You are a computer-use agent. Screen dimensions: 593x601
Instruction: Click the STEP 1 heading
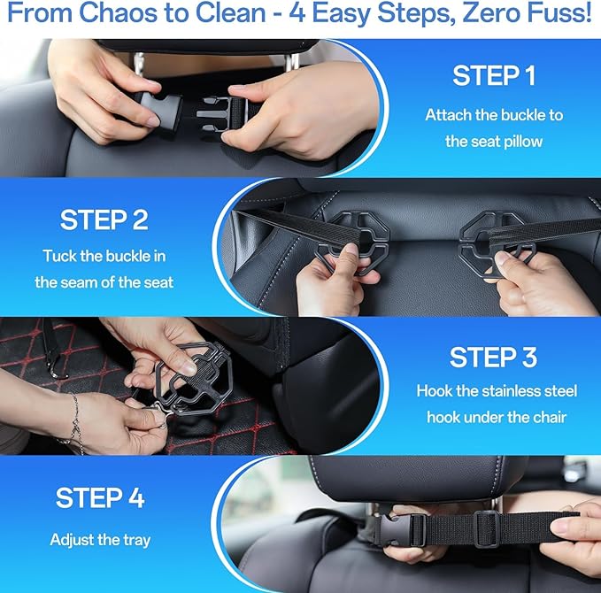point(494,76)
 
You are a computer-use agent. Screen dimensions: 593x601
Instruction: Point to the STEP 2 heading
point(104,219)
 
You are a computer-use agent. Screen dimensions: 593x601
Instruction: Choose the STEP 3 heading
point(493,358)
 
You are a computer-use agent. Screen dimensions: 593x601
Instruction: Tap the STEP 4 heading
point(100,497)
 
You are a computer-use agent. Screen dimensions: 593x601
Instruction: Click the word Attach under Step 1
point(449,115)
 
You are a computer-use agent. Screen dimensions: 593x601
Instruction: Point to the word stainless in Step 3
point(503,390)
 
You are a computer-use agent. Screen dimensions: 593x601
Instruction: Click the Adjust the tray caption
point(100,539)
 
